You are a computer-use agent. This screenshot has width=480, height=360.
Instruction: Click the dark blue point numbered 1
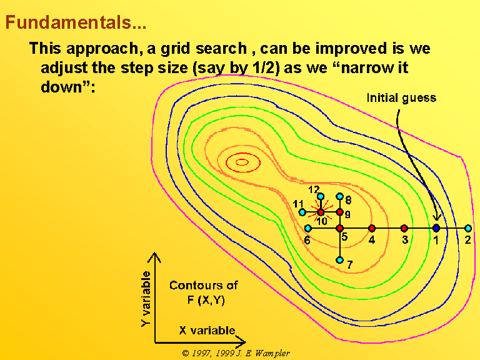(x=436, y=228)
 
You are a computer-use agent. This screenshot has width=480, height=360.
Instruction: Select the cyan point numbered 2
(x=468, y=228)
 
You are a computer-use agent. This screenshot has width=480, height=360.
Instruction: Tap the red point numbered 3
(x=404, y=228)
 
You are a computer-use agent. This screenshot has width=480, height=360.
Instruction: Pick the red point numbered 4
(x=372, y=228)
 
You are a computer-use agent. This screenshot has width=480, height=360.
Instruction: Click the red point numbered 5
(x=339, y=228)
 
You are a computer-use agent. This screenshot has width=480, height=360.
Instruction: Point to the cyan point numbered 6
(x=308, y=228)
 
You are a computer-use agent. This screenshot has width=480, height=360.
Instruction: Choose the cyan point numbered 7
(x=339, y=260)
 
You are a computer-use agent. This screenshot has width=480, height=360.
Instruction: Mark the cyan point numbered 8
(x=339, y=196)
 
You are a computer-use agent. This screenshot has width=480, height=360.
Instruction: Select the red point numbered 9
(x=339, y=212)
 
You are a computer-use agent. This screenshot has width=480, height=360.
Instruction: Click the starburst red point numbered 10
(x=321, y=212)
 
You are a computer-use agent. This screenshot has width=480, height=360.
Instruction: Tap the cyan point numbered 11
(x=302, y=212)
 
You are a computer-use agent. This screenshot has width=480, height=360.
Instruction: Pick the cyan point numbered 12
(x=321, y=196)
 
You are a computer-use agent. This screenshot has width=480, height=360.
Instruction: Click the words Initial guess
(x=401, y=98)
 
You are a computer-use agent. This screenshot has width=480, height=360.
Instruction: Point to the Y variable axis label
(x=146, y=299)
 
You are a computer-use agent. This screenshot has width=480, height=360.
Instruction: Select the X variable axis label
(x=207, y=330)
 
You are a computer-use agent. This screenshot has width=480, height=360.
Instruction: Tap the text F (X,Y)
(x=206, y=300)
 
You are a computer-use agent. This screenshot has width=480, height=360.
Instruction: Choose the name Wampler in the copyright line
(x=272, y=353)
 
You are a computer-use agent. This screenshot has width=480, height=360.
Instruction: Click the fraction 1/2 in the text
(x=266, y=67)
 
